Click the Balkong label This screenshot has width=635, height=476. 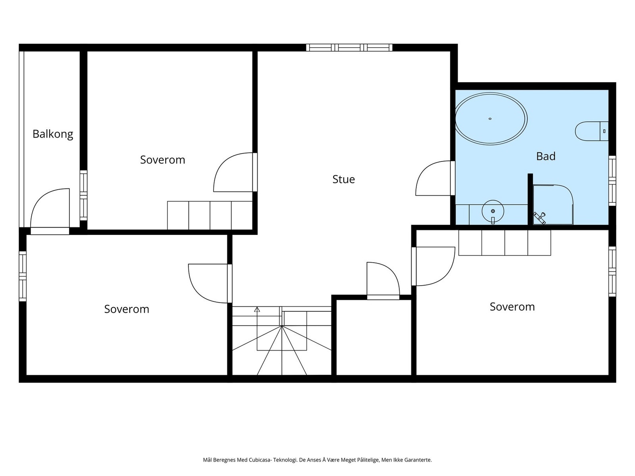53,134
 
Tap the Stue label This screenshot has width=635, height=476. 343,179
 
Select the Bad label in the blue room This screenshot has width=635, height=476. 546,156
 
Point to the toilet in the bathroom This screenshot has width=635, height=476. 592,131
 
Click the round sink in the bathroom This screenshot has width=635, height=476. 493,211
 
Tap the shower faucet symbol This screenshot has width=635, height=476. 540,218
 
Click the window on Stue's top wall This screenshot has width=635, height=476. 349,47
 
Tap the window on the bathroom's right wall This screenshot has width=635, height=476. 612,181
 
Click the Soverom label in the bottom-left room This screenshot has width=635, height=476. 127,309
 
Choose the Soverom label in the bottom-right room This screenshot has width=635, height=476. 512,307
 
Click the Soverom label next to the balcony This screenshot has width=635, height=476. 163,160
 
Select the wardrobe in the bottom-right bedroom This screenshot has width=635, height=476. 504,243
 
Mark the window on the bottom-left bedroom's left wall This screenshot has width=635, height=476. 23,276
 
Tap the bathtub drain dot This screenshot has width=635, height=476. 490,119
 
